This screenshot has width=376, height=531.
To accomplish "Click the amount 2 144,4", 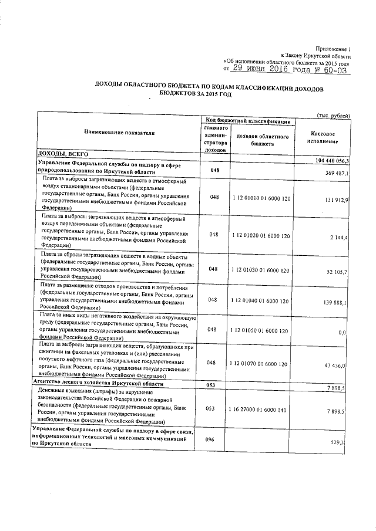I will point(340,236).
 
